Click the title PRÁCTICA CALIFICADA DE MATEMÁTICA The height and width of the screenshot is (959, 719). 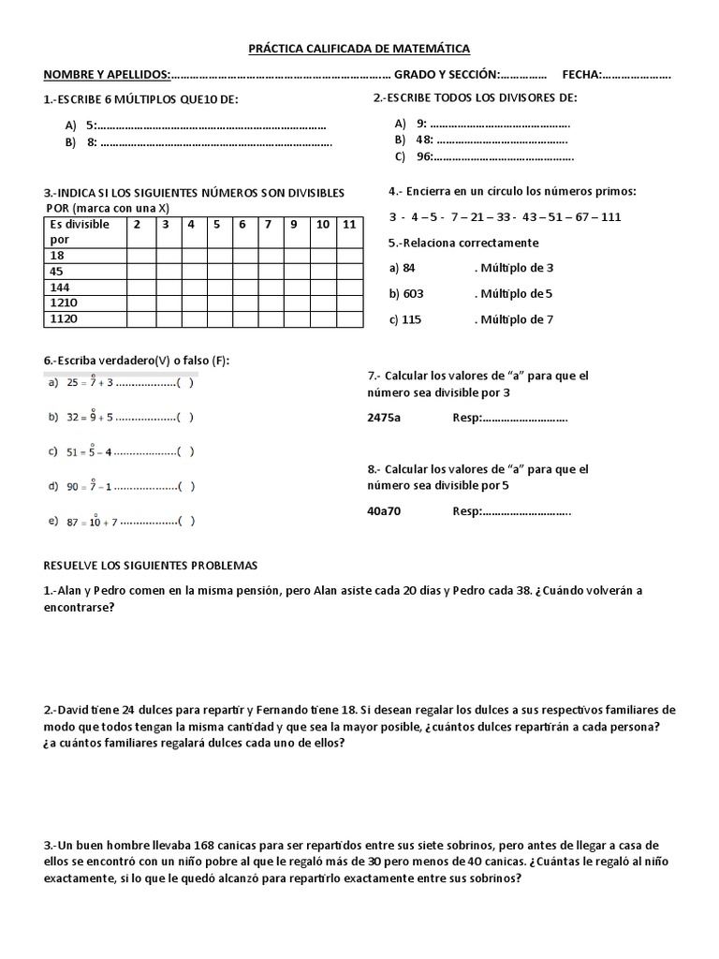click(359, 47)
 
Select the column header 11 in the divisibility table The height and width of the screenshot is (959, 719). click(348, 225)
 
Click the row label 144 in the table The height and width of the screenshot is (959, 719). click(59, 287)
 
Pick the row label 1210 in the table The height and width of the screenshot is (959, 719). click(62, 302)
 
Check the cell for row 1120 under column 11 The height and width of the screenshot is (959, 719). click(348, 318)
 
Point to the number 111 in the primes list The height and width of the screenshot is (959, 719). click(610, 217)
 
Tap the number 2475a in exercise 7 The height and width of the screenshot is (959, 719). click(384, 418)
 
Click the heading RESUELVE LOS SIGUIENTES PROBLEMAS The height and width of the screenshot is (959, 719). click(151, 567)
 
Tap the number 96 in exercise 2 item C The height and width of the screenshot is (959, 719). click(424, 156)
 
